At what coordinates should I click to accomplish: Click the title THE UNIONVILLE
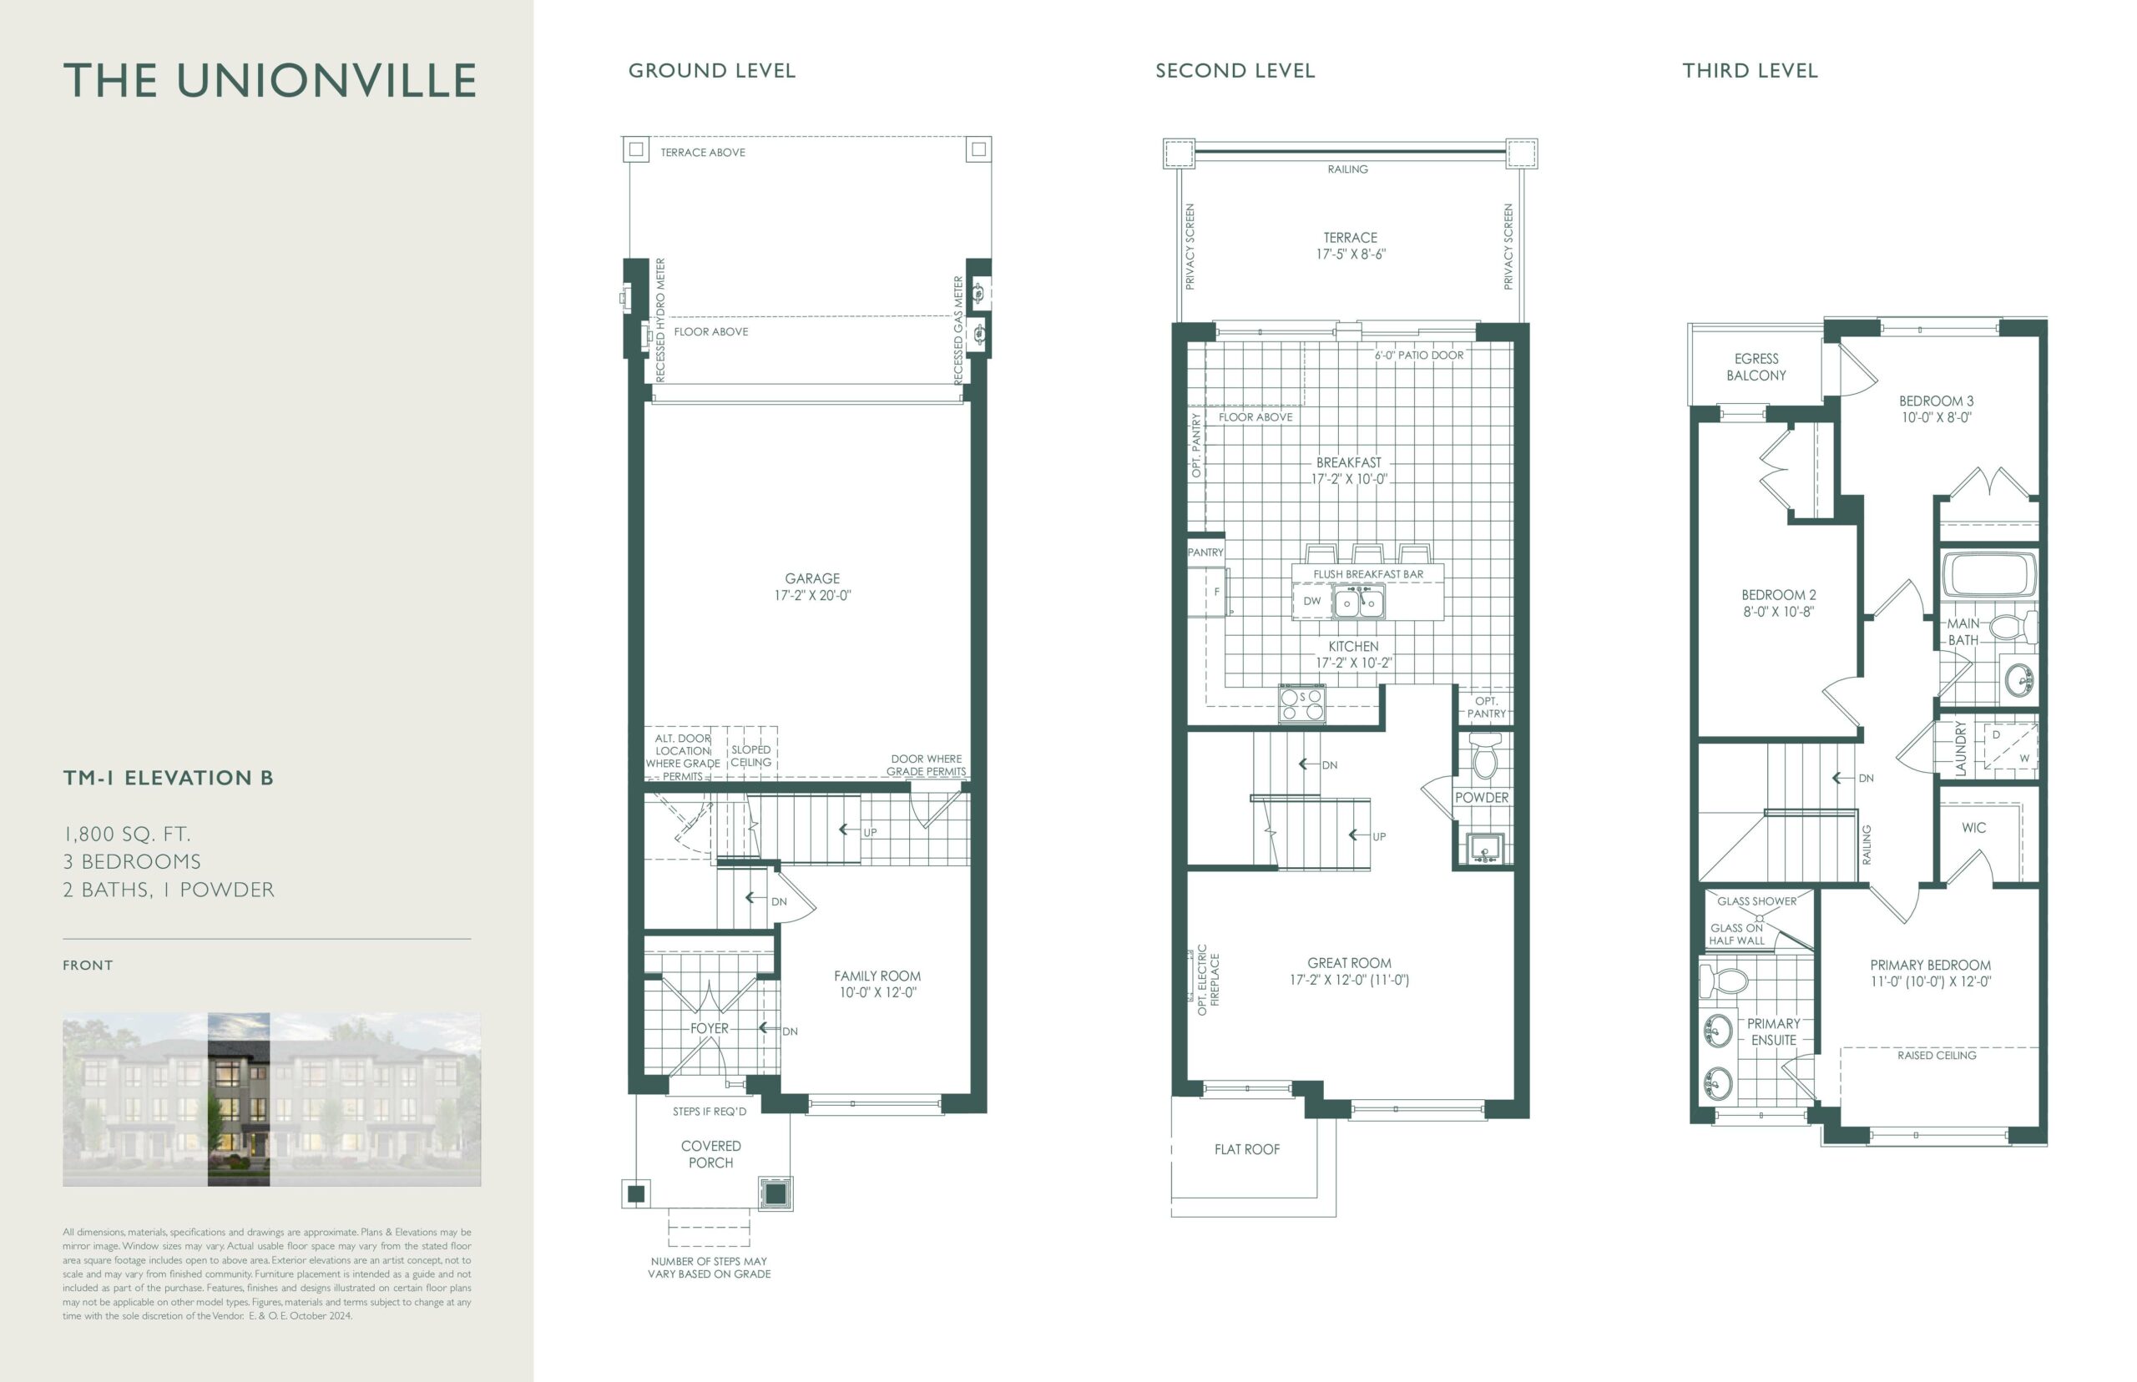270,81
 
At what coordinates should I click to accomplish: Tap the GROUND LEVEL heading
712,71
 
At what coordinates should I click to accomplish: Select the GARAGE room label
812,579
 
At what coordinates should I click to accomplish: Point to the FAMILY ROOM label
877,976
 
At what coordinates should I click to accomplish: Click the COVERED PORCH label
711,1154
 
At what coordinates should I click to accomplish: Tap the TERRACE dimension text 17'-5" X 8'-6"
1351,254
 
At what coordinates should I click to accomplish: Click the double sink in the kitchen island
1358,603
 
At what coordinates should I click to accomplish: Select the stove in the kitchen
1302,704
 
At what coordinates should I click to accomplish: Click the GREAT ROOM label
1349,963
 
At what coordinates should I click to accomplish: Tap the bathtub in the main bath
1989,574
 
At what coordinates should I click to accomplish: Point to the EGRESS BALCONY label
1756,367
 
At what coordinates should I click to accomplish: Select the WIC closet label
1973,827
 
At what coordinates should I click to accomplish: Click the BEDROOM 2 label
1778,595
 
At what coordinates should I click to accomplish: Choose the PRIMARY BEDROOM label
1930,965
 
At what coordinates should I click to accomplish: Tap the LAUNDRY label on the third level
1960,749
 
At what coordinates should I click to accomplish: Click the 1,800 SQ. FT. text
127,835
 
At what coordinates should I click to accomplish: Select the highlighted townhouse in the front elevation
239,1099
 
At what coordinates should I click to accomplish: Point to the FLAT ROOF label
1246,1149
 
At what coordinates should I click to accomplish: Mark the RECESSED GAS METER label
957,330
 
